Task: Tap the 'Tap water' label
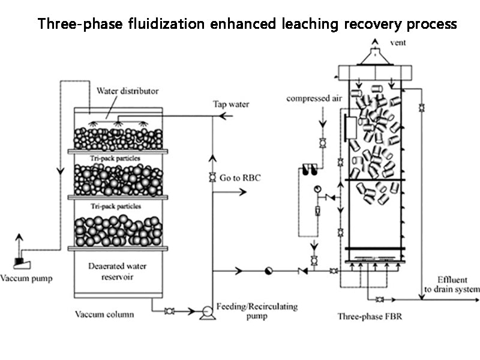point(231,104)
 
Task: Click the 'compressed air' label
point(309,98)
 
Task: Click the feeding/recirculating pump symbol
point(208,311)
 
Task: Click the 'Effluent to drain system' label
point(451,285)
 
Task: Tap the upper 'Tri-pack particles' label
point(116,157)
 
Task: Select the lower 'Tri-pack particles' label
point(116,206)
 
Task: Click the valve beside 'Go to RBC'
point(212,178)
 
